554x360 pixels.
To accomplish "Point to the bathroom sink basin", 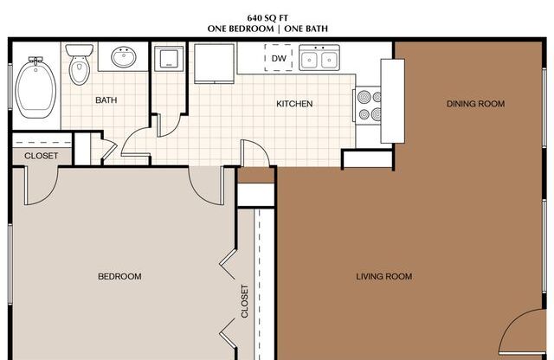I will pos(125,59).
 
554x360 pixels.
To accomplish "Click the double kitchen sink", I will pos(319,60).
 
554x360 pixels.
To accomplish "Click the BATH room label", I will pos(106,100).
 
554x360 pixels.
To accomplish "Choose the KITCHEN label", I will pos(294,105).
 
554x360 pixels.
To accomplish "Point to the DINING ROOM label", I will pos(475,104).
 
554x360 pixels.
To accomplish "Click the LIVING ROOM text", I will pos(383,277).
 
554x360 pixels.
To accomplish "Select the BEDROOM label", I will pos(119,277).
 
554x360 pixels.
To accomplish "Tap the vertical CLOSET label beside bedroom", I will pos(245,301).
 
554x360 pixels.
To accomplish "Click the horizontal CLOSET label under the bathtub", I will pos(41,156).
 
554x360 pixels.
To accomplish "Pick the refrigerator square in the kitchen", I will pos(211,63).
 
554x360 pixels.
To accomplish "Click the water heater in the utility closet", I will pos(166,59).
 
